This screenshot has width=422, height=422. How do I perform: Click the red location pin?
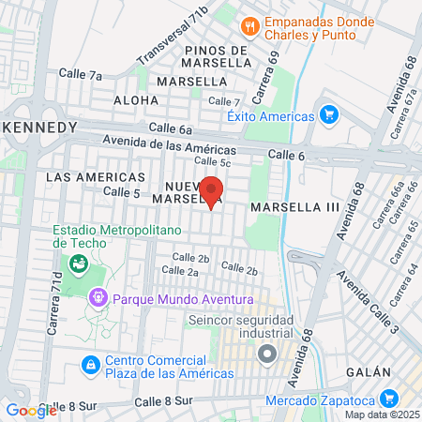pyautogui.click(x=212, y=190)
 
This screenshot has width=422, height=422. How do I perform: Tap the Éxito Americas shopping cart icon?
pyautogui.click(x=328, y=116)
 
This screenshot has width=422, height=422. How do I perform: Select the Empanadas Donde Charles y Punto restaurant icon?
pyautogui.click(x=249, y=25)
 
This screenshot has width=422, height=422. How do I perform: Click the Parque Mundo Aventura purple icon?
pyautogui.click(x=98, y=299)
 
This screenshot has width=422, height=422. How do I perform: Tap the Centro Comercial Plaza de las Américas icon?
pyautogui.click(x=90, y=364)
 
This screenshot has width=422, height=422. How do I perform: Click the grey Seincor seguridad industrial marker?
pyautogui.click(x=267, y=354)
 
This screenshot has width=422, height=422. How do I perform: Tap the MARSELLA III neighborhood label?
pyautogui.click(x=294, y=203)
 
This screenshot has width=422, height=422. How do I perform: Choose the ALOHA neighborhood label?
pyautogui.click(x=136, y=99)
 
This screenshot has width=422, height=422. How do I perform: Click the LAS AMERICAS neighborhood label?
pyautogui.click(x=96, y=176)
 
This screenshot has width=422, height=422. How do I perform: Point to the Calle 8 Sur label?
pyautogui.click(x=162, y=400)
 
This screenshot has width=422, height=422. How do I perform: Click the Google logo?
pyautogui.click(x=31, y=410)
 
